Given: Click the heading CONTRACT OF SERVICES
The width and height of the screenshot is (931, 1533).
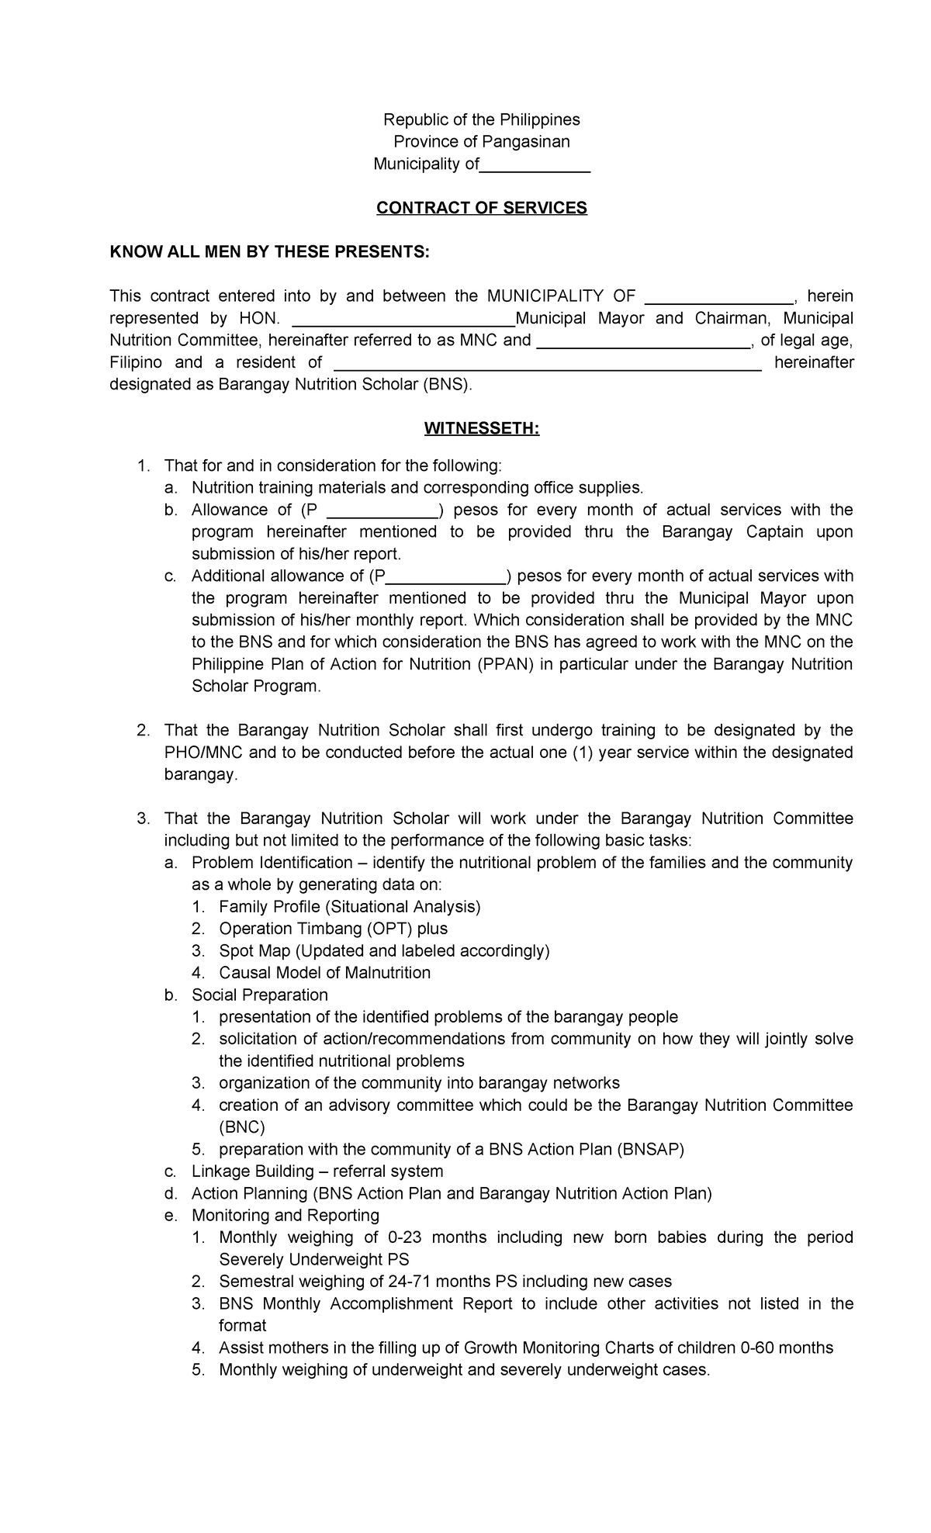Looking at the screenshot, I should (x=481, y=208).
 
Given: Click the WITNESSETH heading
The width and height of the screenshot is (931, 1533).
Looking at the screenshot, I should (x=481, y=429).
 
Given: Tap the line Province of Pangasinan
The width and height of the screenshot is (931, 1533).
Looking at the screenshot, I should (x=481, y=141).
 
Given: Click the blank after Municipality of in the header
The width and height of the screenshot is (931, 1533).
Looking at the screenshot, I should (x=535, y=165).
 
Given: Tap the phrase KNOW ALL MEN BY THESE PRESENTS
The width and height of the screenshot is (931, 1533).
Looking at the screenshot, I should (x=268, y=252).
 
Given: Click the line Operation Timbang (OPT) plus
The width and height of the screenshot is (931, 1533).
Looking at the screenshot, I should (x=333, y=929).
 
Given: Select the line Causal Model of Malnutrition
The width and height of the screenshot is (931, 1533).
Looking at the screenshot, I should (x=324, y=973).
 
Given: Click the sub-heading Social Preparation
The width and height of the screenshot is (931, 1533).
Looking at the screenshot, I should (x=260, y=995).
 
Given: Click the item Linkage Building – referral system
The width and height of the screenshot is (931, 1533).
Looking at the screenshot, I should (x=317, y=1171).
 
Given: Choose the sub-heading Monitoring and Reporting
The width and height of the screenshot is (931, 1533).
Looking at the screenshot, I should (x=286, y=1215).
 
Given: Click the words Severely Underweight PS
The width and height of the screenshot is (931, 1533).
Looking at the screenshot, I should (x=313, y=1259).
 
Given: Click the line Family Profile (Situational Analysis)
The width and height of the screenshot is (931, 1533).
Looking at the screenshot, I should (x=350, y=907).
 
